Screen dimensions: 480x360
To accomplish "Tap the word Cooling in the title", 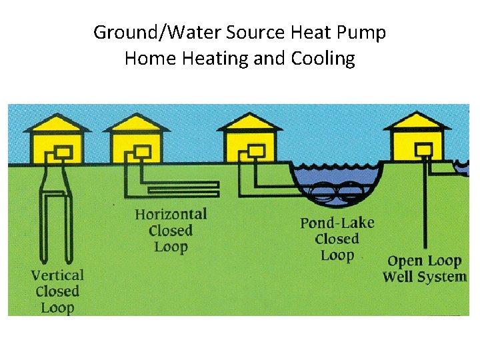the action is (323, 59).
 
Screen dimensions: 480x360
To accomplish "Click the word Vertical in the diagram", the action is (57, 275).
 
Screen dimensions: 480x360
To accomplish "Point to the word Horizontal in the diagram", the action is (171, 214).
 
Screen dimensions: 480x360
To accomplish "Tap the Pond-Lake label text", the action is (337, 222).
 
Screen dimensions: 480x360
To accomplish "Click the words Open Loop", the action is (424, 261).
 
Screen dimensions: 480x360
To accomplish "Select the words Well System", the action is (424, 277).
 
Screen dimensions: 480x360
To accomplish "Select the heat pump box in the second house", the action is (143, 152).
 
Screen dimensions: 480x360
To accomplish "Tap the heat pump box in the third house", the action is (256, 152).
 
